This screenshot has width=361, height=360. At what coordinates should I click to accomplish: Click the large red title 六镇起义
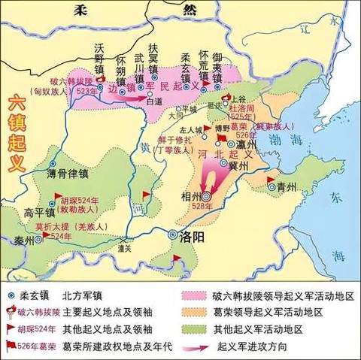[16, 135]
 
